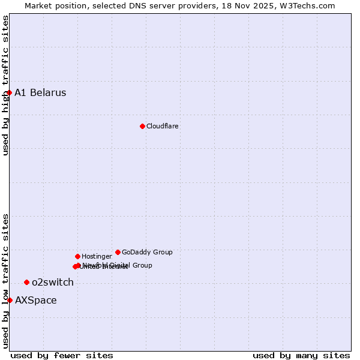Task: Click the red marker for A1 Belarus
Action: click(x=10, y=92)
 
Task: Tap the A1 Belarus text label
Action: click(x=40, y=92)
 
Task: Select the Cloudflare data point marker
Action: click(x=142, y=126)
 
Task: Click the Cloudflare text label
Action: click(x=163, y=126)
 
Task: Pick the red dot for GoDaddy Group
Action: click(x=118, y=252)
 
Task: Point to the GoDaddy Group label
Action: click(x=147, y=252)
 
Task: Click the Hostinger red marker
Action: click(x=77, y=256)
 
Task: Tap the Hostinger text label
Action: click(x=97, y=256)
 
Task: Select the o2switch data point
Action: click(x=26, y=282)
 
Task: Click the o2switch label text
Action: click(x=53, y=282)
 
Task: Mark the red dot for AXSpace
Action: click(x=10, y=300)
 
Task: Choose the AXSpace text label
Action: click(x=36, y=300)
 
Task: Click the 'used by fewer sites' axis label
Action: click(x=62, y=355)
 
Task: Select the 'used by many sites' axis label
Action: click(x=301, y=355)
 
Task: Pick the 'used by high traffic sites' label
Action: click(x=5, y=85)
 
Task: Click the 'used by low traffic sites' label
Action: click(x=5, y=280)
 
